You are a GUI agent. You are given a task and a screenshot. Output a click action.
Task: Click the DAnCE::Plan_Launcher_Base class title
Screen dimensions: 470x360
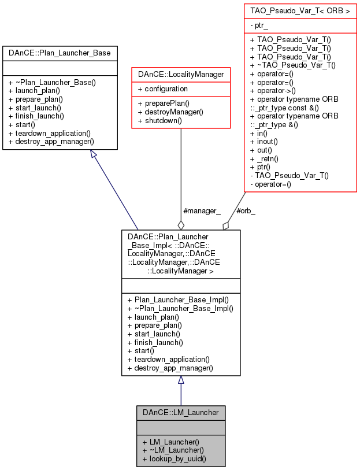60,53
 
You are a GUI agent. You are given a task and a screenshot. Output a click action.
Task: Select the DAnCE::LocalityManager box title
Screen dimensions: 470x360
181,75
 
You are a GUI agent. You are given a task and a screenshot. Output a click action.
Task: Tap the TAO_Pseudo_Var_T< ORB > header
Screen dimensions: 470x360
300,10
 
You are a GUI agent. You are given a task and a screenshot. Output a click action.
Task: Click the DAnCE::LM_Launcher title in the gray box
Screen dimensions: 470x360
181,412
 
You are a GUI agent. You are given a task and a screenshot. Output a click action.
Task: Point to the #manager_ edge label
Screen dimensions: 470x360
201,211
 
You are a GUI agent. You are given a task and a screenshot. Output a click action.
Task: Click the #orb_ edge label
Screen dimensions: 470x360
246,211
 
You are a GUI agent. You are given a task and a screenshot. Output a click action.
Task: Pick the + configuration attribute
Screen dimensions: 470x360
162,89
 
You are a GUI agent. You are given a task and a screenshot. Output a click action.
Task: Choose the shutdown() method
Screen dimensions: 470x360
159,121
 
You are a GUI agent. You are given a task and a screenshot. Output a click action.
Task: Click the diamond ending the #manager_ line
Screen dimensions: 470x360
181,224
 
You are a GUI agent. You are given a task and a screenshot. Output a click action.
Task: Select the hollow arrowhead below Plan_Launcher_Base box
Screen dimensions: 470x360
94,154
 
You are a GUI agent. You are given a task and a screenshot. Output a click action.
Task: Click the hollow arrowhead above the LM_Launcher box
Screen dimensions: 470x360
181,380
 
